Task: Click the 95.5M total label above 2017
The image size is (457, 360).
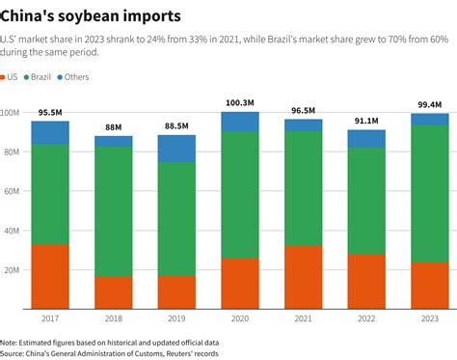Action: pyautogui.click(x=50, y=112)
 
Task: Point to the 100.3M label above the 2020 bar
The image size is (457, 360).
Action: pyautogui.click(x=240, y=103)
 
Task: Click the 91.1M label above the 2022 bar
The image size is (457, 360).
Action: pyautogui.click(x=366, y=122)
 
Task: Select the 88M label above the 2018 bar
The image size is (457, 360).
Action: pyautogui.click(x=113, y=126)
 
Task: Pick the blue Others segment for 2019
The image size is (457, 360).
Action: pyautogui.click(x=176, y=149)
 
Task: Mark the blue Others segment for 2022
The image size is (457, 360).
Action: pyautogui.click(x=366, y=139)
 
